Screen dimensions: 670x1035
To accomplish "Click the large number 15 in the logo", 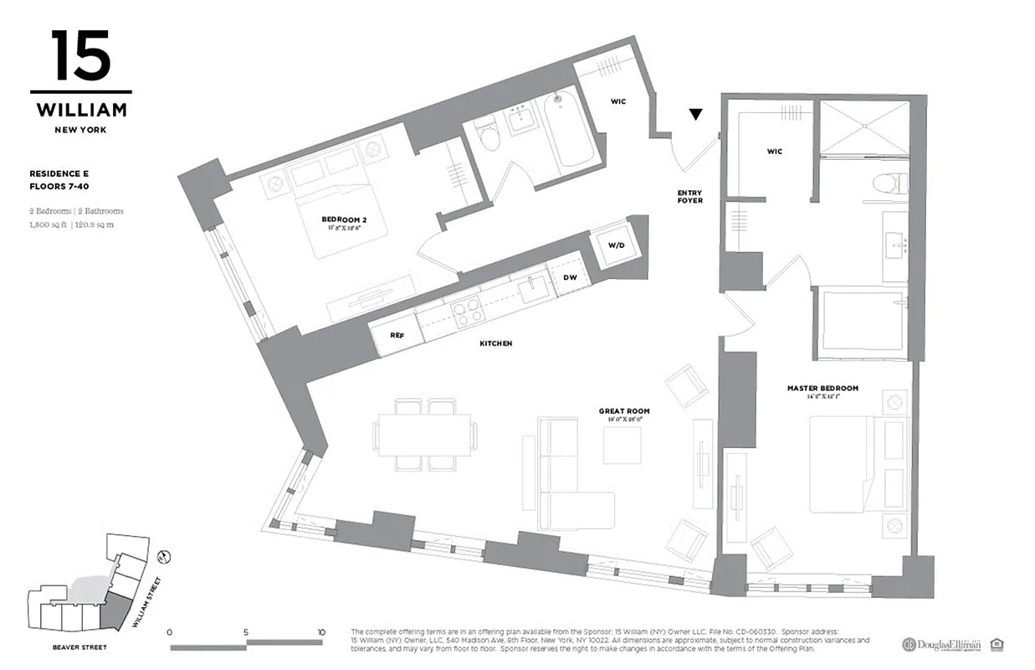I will (x=80, y=57).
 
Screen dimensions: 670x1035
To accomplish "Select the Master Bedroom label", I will (x=822, y=389).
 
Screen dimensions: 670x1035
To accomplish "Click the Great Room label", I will (x=623, y=411).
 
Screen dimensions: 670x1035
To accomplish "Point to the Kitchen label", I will (x=495, y=343).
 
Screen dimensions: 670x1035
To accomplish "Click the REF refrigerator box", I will (x=397, y=334).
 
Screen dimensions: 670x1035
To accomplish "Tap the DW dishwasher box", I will (x=571, y=276).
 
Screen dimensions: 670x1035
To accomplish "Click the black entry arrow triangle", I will (x=695, y=115).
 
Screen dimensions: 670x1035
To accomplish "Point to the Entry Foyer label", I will (x=689, y=197).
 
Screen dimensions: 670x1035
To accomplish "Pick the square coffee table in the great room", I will (x=622, y=445).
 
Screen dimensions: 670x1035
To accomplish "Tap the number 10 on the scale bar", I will (x=321, y=632).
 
